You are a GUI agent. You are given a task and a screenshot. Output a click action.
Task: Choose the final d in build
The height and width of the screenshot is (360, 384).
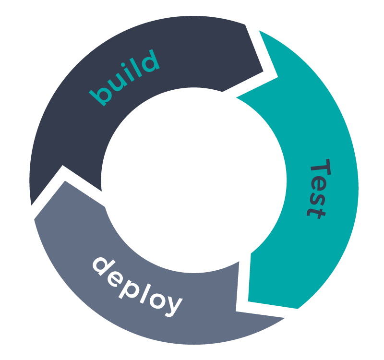[148, 61]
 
